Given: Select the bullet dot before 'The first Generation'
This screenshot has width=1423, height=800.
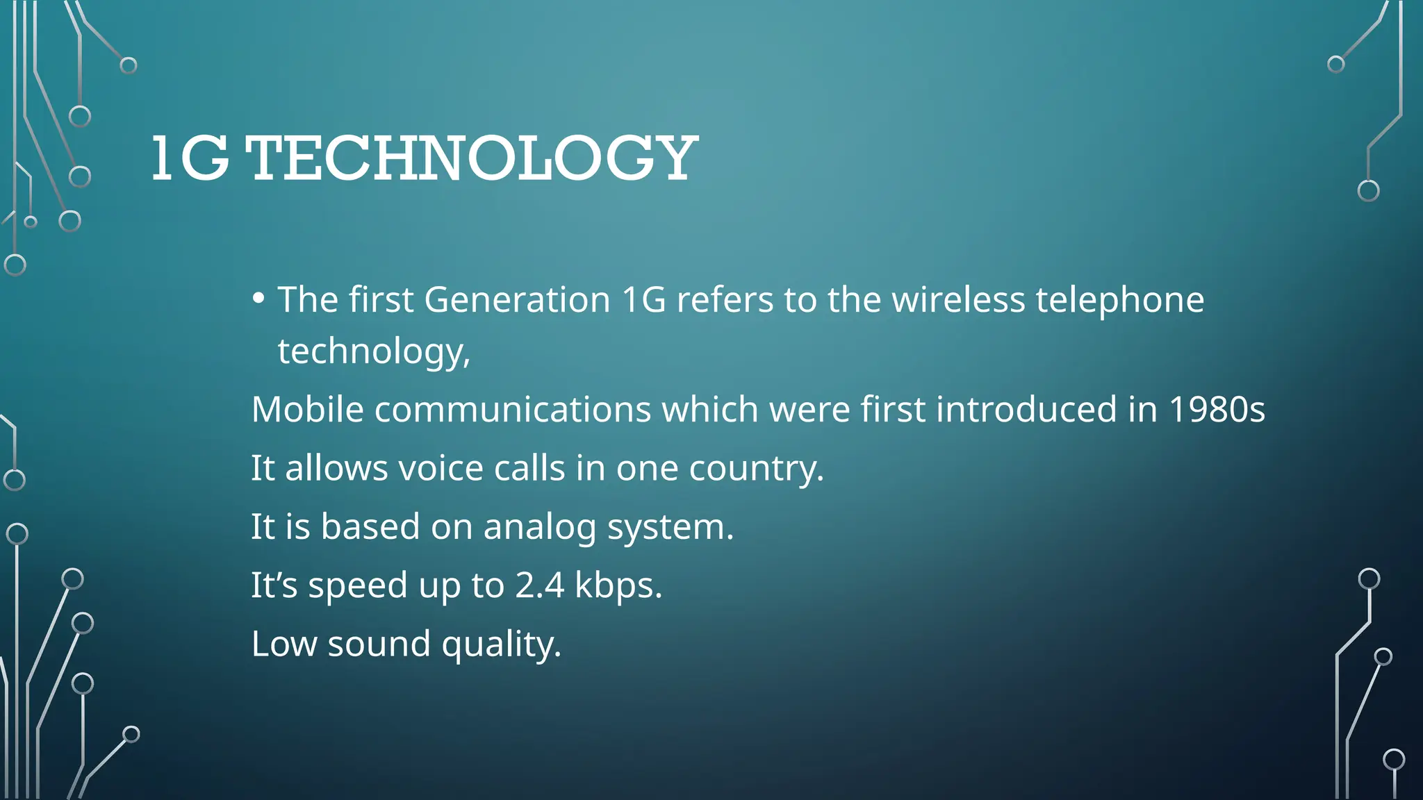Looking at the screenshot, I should (x=258, y=299).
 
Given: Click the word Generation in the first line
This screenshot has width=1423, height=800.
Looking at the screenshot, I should (x=517, y=300).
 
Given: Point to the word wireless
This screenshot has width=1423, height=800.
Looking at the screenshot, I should (x=958, y=300).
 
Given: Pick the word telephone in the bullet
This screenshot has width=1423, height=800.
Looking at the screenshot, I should (x=1119, y=301).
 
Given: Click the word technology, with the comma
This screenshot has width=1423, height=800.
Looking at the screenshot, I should (x=374, y=351).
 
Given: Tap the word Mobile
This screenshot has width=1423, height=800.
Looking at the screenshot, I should (x=307, y=409).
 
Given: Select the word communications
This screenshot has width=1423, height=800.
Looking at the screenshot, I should (x=512, y=409).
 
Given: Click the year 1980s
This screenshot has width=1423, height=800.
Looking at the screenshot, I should (x=1217, y=409).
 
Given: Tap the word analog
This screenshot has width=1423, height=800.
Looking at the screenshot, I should (x=539, y=528).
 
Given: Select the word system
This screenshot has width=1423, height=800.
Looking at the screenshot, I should (x=671, y=528).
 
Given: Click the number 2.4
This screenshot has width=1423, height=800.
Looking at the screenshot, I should (x=539, y=585).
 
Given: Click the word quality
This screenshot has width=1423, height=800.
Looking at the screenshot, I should (x=501, y=645).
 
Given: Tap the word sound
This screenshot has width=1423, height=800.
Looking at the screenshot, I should (x=379, y=644).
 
